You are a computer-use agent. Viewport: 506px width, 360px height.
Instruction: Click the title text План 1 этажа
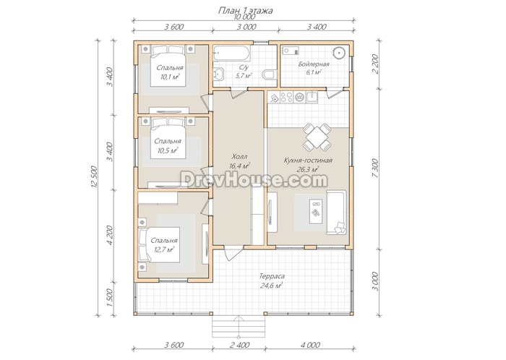tap(246, 11)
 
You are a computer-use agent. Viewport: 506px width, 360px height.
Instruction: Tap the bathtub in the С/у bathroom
tap(232, 53)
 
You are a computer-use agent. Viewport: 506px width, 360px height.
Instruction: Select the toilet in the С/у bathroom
tap(268, 74)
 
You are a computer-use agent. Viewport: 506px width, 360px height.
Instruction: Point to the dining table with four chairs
tap(317, 137)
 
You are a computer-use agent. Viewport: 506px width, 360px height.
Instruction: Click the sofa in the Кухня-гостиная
tap(336, 213)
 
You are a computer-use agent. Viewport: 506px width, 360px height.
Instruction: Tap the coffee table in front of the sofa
tap(316, 211)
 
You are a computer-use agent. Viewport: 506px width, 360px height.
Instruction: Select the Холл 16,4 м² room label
tap(239, 162)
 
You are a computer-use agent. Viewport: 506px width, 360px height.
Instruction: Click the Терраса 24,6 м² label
tap(271, 280)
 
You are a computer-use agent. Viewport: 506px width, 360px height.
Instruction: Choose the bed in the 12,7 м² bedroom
tap(159, 245)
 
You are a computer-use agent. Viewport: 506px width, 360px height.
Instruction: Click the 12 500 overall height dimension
tap(94, 177)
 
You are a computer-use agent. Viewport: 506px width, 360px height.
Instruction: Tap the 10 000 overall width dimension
tap(244, 17)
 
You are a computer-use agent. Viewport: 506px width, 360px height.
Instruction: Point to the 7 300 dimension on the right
tap(375, 169)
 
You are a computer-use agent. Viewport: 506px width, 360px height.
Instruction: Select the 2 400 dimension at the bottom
tap(239, 345)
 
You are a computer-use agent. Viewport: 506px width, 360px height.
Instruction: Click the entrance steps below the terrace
tap(238, 327)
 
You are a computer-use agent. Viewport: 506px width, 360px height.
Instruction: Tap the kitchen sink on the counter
tap(312, 96)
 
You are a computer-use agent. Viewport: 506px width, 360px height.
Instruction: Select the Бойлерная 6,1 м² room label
tap(314, 68)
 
